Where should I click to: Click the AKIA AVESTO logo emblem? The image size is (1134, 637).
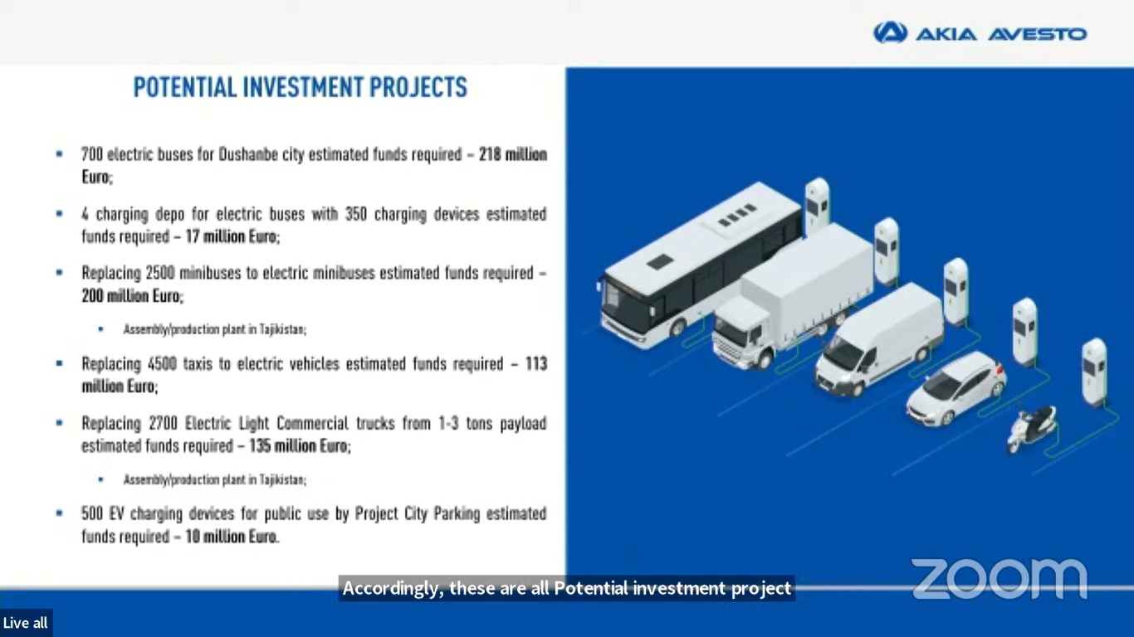coord(890,32)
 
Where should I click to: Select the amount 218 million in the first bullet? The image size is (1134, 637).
coord(513,153)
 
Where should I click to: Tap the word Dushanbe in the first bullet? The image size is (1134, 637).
coord(248,153)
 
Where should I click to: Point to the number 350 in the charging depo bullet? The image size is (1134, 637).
coord(356,213)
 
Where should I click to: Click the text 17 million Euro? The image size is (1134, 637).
coord(232,236)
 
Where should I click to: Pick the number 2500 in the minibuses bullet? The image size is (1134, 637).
coord(160,273)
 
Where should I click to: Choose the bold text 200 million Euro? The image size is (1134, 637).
coord(131,295)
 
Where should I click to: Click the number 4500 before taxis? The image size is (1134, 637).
coord(163,364)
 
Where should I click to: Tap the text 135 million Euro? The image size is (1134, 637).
coord(299,445)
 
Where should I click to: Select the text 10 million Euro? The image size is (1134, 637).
coord(232,537)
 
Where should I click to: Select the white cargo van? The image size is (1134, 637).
coord(879,339)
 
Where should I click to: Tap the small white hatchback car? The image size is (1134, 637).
coord(955,388)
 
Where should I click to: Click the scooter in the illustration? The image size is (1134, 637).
coord(1031,429)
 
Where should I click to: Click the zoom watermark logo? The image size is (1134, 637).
coord(1000,578)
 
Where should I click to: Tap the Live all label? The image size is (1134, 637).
coord(25,623)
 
